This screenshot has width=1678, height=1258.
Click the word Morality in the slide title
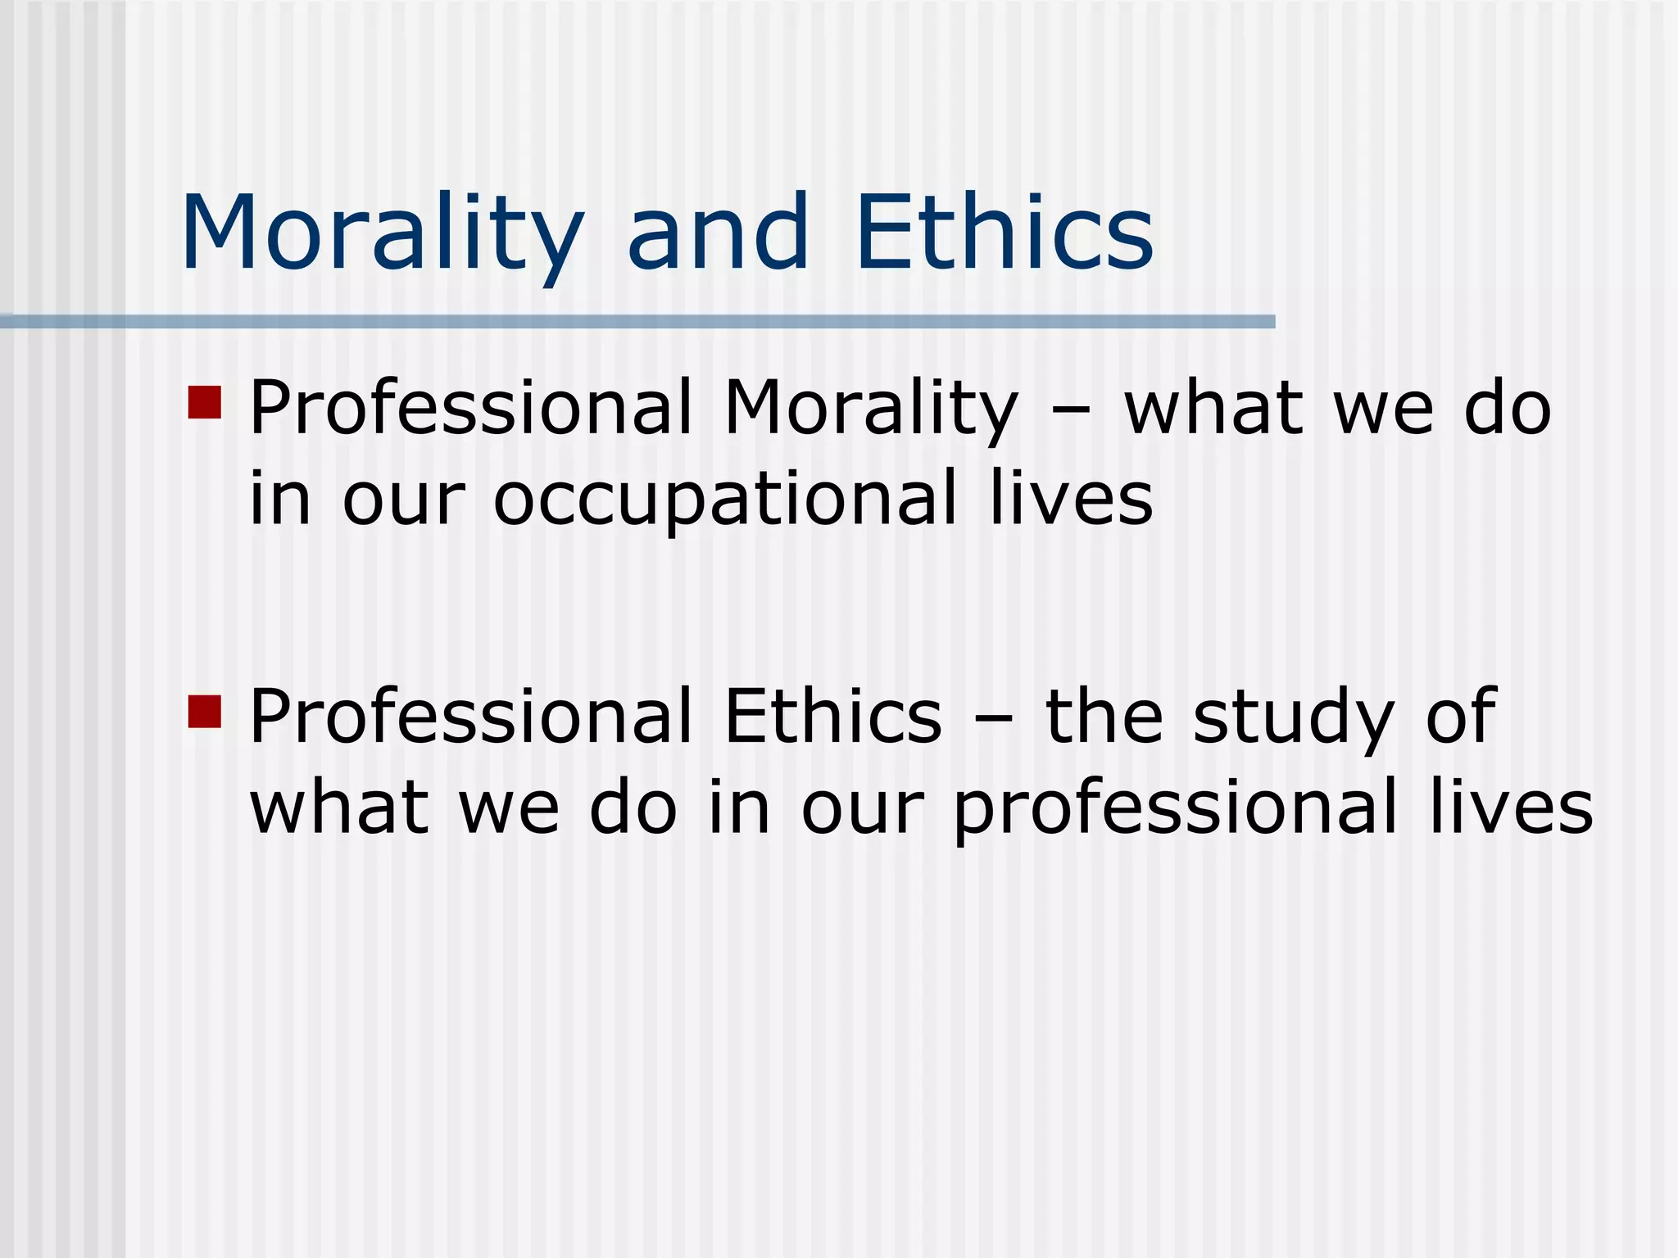tap(383, 233)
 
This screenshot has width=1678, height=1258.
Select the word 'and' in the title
tap(719, 233)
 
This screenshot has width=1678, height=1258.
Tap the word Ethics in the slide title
tap(1005, 233)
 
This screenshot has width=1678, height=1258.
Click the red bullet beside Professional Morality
tap(205, 403)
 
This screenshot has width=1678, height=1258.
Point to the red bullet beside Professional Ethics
tap(205, 711)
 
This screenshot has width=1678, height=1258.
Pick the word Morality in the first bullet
tap(871, 410)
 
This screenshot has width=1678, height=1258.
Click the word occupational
tap(725, 500)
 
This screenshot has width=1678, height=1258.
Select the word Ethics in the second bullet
tap(832, 717)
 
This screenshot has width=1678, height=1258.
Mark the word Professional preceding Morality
tap(471, 410)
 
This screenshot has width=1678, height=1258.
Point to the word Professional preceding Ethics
tap(471, 717)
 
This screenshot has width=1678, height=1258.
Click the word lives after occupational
tap(1071, 500)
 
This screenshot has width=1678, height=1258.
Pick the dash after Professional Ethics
tap(993, 717)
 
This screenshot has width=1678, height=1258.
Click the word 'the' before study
tap(1104, 717)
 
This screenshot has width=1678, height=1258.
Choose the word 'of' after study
tap(1461, 717)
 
